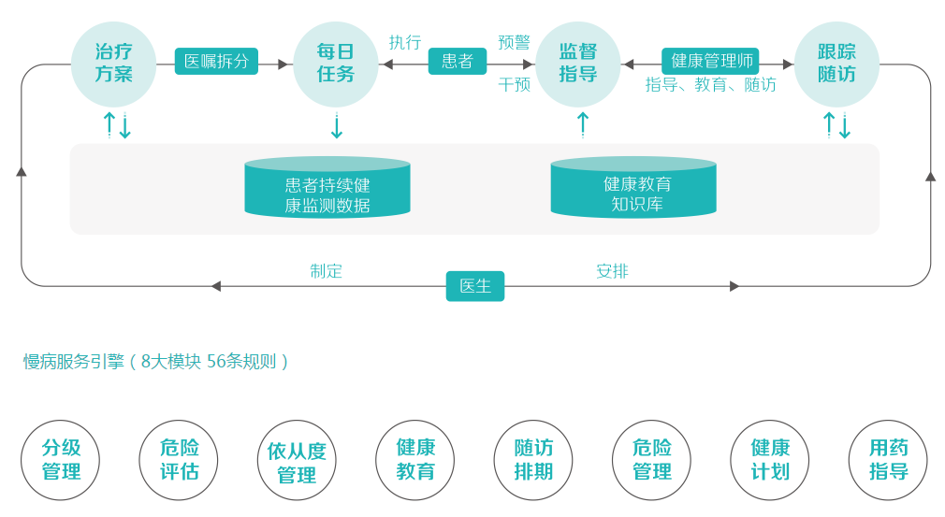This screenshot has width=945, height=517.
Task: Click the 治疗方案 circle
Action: click(x=113, y=64)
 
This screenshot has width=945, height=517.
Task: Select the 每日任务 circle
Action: click(x=336, y=64)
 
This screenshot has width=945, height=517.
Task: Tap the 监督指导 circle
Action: click(x=578, y=64)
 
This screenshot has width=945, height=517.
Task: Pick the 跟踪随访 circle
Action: click(x=836, y=64)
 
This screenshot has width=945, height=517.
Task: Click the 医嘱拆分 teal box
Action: click(x=216, y=62)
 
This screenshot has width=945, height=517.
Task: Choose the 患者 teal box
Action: click(x=458, y=62)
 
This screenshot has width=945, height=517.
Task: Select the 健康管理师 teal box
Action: click(x=710, y=61)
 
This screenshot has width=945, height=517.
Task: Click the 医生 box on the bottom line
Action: click(x=475, y=286)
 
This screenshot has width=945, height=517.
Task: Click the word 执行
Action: click(x=405, y=42)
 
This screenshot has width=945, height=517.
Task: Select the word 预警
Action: click(x=515, y=42)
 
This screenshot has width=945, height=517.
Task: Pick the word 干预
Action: click(x=515, y=84)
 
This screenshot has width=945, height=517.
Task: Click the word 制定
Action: click(x=327, y=271)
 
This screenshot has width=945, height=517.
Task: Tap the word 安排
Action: click(x=612, y=271)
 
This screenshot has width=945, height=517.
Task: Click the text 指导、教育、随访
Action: click(x=710, y=84)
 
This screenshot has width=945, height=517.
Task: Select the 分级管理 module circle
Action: click(x=61, y=460)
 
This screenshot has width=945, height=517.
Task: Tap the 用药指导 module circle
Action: click(x=888, y=460)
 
